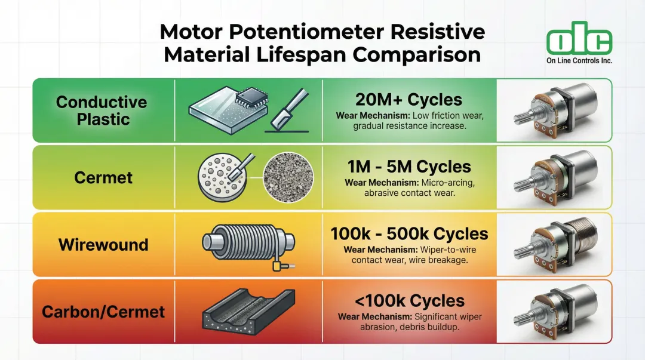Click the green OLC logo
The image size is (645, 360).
pos(579,38)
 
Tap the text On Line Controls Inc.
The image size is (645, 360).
pos(579,60)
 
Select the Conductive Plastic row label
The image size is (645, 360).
pos(102,110)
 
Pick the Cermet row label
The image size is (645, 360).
pos(103,178)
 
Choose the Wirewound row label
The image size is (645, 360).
pos(103,245)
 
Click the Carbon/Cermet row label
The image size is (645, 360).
pos(103,312)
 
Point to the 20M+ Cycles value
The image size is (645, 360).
pos(409,100)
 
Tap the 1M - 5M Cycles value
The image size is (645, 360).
pos(409,167)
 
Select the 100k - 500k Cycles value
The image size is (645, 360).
pos(409,233)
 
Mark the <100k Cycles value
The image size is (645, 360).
pos(409,301)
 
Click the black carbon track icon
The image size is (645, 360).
pos(248,312)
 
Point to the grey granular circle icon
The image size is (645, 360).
pos(288,178)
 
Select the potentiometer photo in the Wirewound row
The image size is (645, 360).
pos(555,244)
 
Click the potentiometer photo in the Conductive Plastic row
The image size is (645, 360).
pos(555,110)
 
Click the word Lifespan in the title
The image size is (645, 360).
pos(303,55)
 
